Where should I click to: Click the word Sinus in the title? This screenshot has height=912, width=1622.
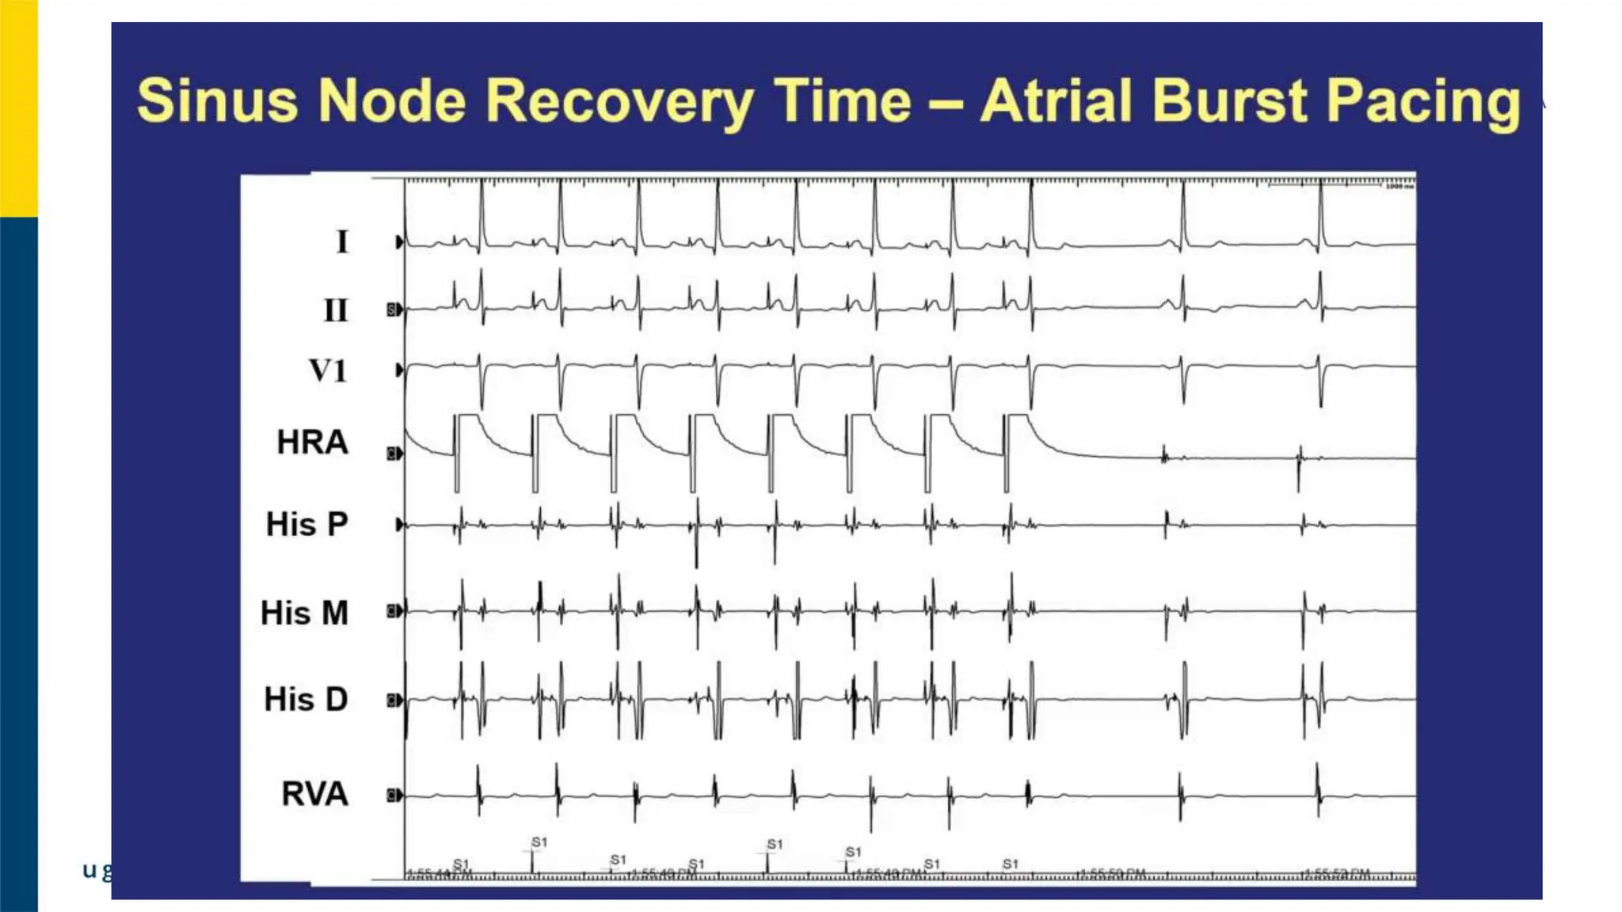pos(217,101)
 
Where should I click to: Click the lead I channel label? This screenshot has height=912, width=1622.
pos(342,241)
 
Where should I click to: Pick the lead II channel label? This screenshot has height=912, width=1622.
pos(336,310)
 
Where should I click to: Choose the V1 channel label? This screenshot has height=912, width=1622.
pos(328,370)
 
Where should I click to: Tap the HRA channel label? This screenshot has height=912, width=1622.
pos(312,442)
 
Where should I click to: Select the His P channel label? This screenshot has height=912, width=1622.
pos(307,524)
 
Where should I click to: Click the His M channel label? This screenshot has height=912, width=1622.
pos(305,613)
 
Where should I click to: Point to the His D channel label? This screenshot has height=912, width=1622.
pos(306,699)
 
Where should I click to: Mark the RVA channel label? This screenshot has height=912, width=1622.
pos(314,793)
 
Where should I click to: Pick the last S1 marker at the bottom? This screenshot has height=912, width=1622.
pos(1010,864)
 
